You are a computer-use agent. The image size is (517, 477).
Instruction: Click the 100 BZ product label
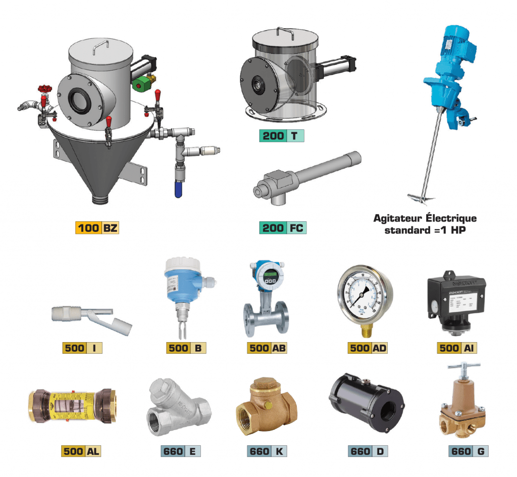(x=97, y=228)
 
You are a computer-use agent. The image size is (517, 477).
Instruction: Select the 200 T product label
(x=282, y=135)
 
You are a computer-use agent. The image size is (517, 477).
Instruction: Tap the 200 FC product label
(x=283, y=228)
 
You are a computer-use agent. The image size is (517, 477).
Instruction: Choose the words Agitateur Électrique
(x=425, y=218)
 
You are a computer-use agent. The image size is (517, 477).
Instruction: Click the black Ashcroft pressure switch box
(x=456, y=300)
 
